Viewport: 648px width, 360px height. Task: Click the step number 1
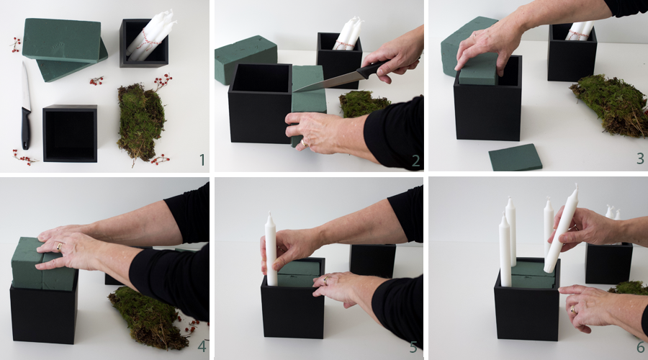click(202, 160)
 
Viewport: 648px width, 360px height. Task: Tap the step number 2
click(415, 161)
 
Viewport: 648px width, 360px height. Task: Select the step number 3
click(640, 158)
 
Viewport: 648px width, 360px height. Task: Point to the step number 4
click(202, 346)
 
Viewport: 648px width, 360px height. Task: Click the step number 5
click(414, 347)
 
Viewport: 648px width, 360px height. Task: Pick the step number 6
click(641, 346)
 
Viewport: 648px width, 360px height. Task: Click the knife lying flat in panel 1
click(26, 106)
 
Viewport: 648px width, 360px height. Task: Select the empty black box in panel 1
click(70, 132)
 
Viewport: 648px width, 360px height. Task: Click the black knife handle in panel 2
click(373, 69)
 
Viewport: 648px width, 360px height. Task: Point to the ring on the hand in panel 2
click(304, 143)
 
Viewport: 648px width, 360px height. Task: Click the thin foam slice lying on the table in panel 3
click(516, 157)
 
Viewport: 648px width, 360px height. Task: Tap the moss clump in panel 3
click(611, 105)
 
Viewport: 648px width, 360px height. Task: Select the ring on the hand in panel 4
click(60, 247)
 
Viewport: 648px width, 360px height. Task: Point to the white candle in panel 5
click(271, 249)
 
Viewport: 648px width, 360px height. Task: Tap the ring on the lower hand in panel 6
click(573, 309)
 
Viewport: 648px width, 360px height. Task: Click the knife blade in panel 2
click(326, 82)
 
